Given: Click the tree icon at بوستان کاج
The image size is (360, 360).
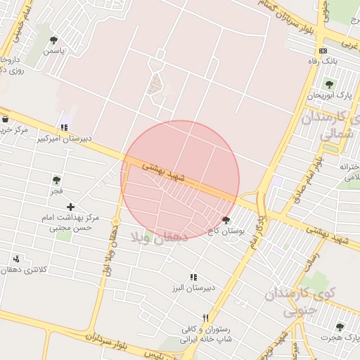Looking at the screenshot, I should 226,220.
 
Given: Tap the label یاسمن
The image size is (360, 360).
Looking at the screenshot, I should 53,51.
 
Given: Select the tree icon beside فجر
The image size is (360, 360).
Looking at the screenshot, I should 56,181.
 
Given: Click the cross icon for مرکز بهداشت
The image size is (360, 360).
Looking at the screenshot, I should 70,206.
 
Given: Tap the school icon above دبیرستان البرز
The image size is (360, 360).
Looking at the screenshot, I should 193,278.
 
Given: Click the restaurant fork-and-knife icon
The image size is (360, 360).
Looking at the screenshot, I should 205,319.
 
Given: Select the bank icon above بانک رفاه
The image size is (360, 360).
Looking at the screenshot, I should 323,51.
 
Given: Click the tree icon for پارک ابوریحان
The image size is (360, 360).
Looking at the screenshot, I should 328,84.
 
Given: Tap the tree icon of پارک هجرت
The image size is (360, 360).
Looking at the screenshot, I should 340,327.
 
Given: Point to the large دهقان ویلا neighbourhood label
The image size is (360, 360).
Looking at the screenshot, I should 155,238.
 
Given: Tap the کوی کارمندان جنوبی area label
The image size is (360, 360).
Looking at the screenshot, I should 309,300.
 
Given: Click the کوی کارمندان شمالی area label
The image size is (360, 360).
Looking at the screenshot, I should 331,127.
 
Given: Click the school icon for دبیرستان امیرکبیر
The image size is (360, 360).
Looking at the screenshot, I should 64,127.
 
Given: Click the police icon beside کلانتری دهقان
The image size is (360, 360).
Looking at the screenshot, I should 15,259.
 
